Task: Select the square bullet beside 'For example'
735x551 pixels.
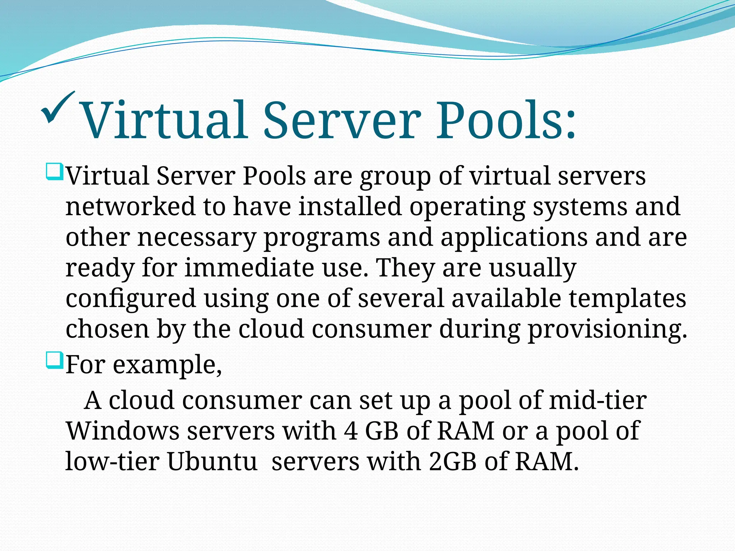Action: [55, 361]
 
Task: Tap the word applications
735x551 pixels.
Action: [514, 238]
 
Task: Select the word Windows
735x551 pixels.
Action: [123, 431]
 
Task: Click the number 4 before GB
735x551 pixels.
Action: [351, 431]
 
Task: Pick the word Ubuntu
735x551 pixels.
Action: [212, 461]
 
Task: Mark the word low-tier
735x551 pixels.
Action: [112, 461]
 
